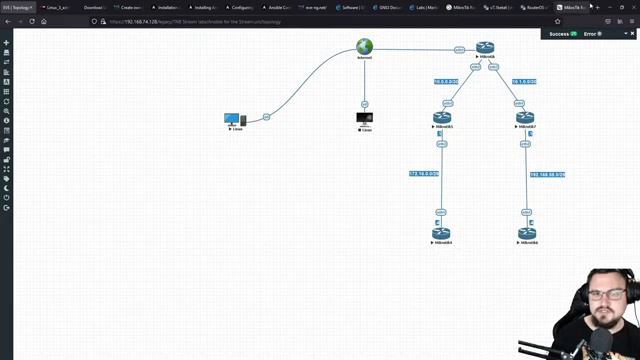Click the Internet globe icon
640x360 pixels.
click(x=365, y=47)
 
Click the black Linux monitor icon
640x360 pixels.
click(x=365, y=119)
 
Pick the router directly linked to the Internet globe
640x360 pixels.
click(x=485, y=48)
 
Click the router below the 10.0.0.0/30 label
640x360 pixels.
click(x=443, y=118)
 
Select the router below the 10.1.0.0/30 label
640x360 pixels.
click(x=525, y=118)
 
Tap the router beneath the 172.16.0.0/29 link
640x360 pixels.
click(x=441, y=233)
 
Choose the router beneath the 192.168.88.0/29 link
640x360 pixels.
click(x=527, y=233)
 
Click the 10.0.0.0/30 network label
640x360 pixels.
click(x=446, y=82)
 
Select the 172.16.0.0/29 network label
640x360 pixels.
click(x=424, y=174)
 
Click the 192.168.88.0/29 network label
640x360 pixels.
click(x=547, y=175)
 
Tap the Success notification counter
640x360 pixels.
click(x=564, y=34)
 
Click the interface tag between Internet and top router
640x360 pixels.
click(x=459, y=49)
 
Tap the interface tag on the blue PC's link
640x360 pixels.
click(x=267, y=118)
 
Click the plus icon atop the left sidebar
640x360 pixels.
click(x=7, y=43)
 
